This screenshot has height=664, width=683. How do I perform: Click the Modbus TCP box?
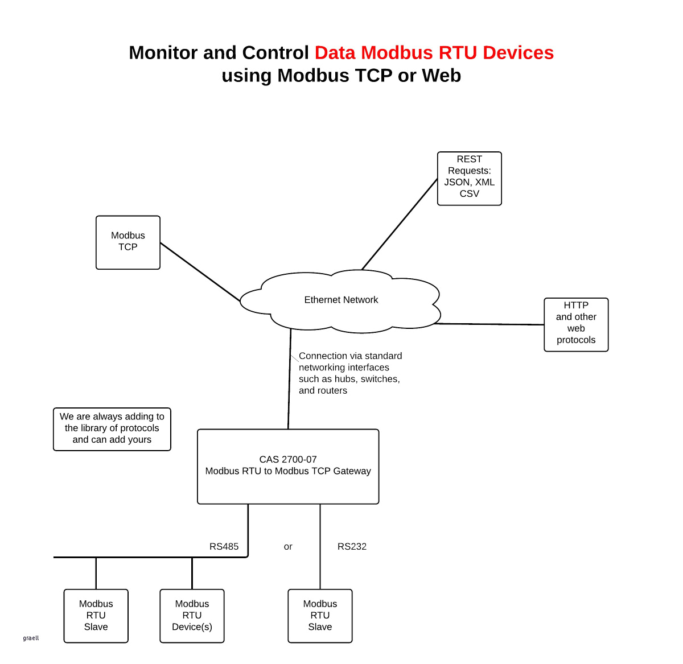coord(128,242)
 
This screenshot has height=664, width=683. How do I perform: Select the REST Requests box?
coord(469,178)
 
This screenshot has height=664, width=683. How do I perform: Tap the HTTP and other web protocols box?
coord(576,324)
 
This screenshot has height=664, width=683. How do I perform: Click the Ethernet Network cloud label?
coord(341,300)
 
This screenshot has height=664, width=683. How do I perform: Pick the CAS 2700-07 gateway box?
coord(288,466)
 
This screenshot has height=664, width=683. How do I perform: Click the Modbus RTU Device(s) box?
coord(192,616)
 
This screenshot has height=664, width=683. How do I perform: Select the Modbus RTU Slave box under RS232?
coord(320,616)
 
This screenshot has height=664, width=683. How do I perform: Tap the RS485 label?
coord(224,546)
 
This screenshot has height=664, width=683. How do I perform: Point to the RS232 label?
coord(352,546)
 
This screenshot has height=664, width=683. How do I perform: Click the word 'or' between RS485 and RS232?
coord(288,547)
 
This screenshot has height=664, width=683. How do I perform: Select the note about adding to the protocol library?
coord(112,428)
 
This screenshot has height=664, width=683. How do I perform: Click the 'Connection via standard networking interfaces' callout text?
coord(350,373)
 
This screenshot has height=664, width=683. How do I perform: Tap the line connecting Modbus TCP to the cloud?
coord(199,271)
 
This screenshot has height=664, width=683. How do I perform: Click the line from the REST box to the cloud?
coord(400,224)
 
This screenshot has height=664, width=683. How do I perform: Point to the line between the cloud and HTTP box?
coord(489,324)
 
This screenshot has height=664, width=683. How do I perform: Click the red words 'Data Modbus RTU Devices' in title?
coord(434,52)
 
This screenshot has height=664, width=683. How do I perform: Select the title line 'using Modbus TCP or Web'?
coord(341,76)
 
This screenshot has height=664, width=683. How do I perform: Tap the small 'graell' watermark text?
coord(31,638)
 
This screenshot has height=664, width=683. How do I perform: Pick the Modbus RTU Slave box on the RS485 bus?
coord(96,616)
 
